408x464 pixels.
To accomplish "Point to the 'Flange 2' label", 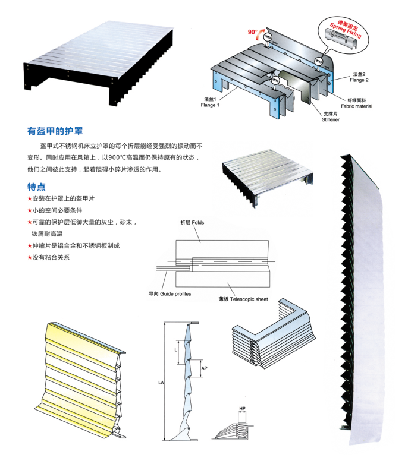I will [359, 77].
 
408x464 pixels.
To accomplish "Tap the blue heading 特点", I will [37, 187].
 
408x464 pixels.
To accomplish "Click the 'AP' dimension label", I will [205, 368].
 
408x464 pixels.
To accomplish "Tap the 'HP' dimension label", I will [242, 409].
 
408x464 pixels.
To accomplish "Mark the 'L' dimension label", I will [175, 350].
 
